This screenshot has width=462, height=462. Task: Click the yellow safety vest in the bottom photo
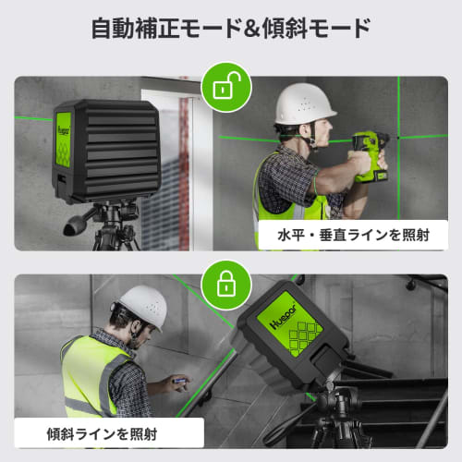click(x=92, y=379)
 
